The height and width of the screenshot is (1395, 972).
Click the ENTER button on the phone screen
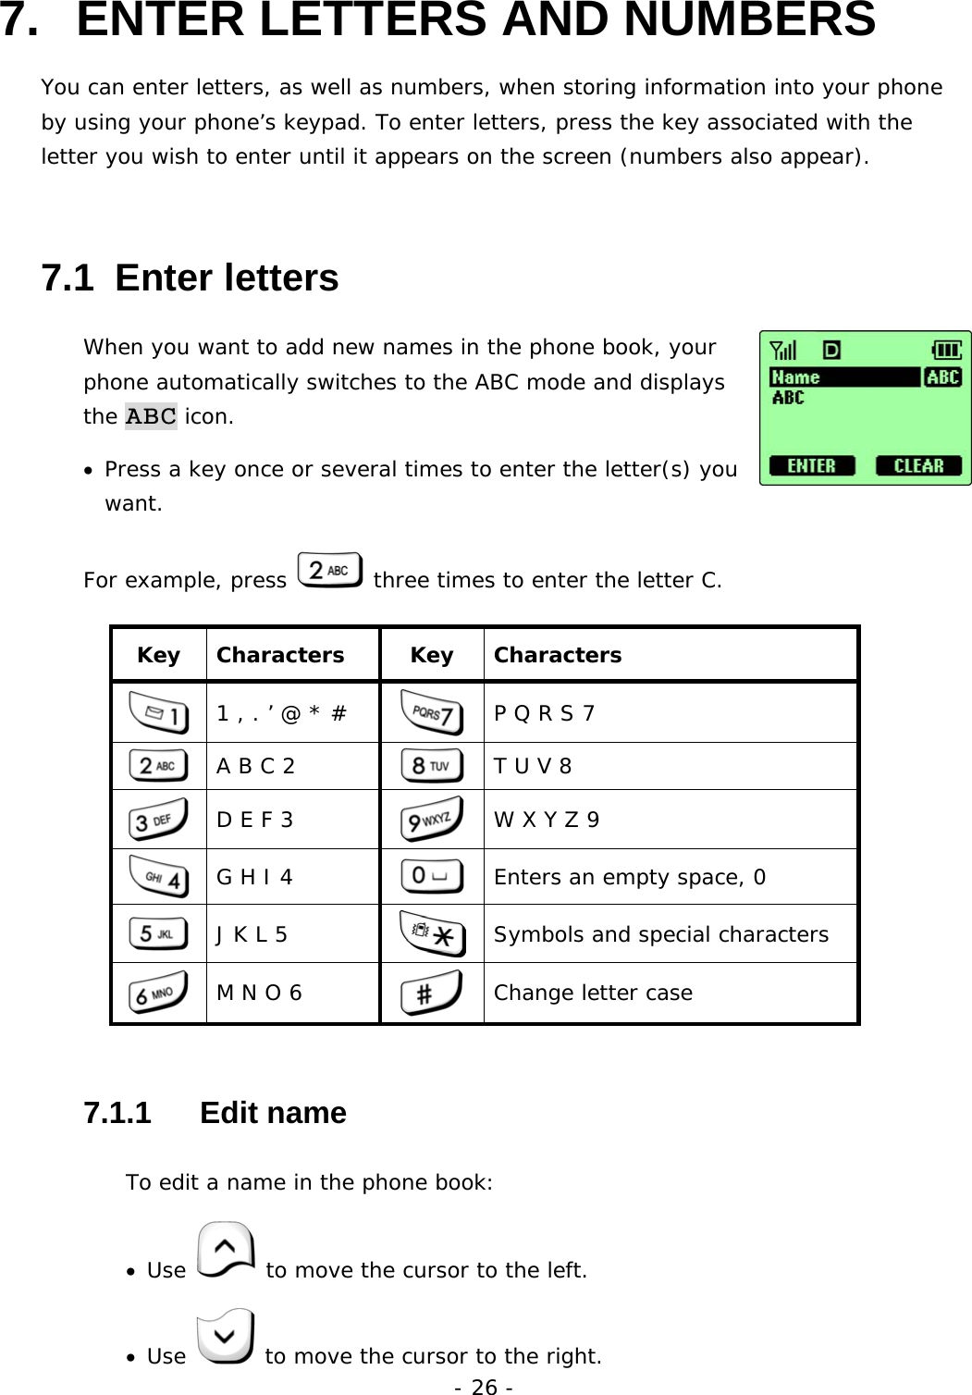[x=811, y=465]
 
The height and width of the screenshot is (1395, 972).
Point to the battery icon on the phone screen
[x=948, y=350]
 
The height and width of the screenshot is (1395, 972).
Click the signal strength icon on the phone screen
[x=783, y=350]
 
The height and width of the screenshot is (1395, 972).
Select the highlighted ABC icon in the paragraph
[x=151, y=417]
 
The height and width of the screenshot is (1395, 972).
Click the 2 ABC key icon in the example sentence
[x=330, y=571]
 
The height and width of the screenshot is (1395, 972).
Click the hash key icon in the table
[x=432, y=993]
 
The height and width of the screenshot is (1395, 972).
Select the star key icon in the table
[x=432, y=934]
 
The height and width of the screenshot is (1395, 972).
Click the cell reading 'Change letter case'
[x=593, y=993]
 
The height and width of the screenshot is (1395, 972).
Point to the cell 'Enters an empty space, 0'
[x=629, y=877]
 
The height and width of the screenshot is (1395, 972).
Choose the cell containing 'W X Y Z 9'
[x=546, y=820]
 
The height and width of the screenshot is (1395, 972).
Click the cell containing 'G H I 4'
[x=254, y=877]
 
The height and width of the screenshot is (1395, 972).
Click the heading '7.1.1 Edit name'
[x=215, y=1113]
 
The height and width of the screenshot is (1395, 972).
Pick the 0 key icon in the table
[x=432, y=877]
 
